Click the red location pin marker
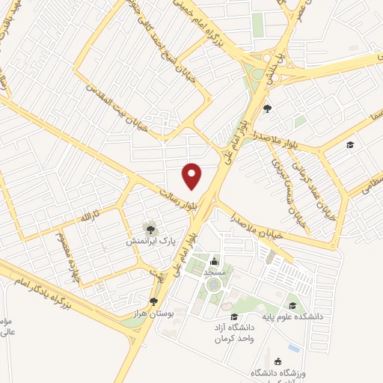click(x=193, y=176)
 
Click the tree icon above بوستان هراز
click(x=153, y=301)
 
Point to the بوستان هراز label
click(x=154, y=314)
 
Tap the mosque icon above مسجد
click(x=215, y=261)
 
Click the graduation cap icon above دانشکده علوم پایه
click(x=292, y=304)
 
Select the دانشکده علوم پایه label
click(x=293, y=316)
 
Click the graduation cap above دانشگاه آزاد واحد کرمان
click(x=233, y=316)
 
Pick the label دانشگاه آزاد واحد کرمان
click(x=231, y=334)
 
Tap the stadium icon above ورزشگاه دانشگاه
click(x=278, y=361)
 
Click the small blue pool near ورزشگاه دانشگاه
click(x=294, y=348)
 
